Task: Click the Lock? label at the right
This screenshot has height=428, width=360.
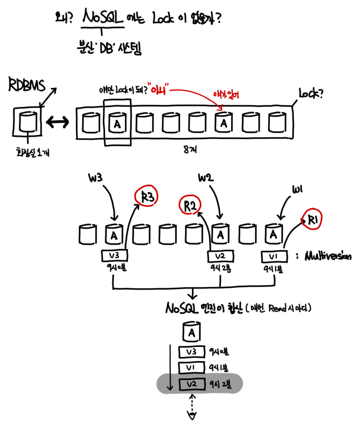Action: click(x=311, y=94)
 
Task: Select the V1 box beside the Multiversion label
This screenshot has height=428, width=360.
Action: click(x=274, y=257)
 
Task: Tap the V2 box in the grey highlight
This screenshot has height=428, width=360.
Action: click(x=192, y=384)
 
